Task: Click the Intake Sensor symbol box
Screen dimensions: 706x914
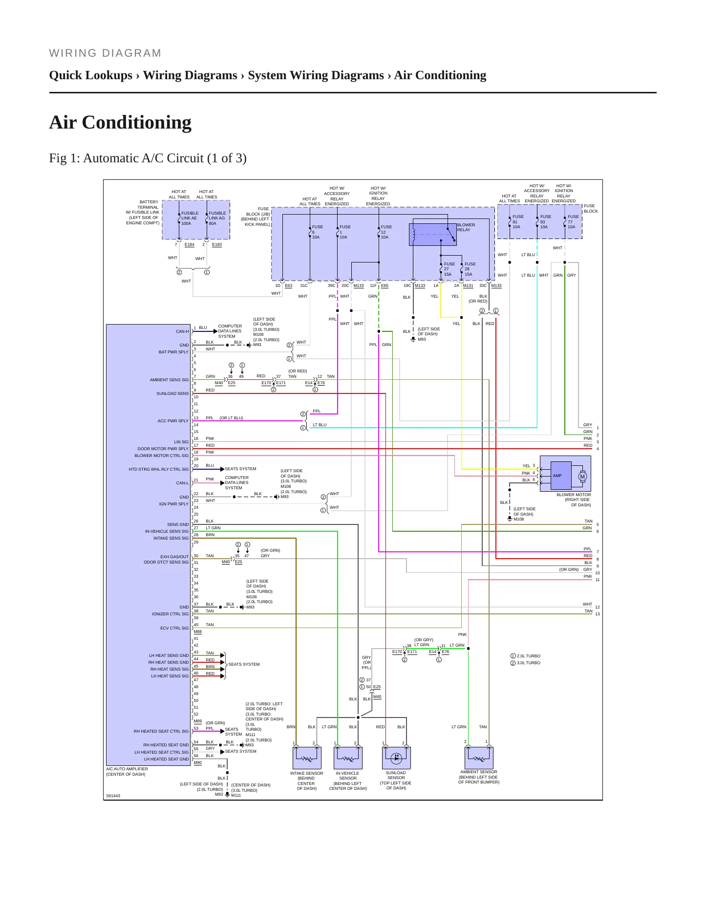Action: [x=307, y=758]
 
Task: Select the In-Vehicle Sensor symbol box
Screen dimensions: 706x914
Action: [x=348, y=758]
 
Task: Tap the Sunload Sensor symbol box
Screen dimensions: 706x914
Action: [x=396, y=758]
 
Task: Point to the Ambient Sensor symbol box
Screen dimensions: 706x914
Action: [x=479, y=758]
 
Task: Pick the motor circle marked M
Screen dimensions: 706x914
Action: [x=582, y=477]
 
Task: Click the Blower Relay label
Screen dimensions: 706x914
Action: [x=466, y=227]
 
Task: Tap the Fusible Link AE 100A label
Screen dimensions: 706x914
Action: [x=190, y=218]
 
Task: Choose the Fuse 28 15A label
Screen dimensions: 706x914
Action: [x=470, y=269]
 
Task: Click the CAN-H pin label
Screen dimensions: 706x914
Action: [x=182, y=331]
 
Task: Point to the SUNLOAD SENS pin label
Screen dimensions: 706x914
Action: [x=172, y=393]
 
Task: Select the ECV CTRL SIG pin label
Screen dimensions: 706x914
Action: [x=174, y=628]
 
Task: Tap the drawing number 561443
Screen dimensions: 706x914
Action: [x=113, y=796]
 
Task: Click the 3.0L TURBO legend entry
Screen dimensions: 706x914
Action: [x=526, y=663]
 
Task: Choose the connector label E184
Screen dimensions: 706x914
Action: [x=190, y=244]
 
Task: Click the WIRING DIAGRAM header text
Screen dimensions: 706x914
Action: [x=105, y=53]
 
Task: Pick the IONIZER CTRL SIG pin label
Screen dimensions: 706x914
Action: [x=170, y=614]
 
